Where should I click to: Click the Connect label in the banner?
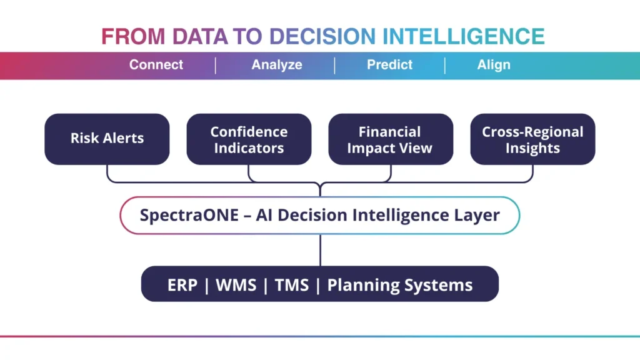tap(156, 65)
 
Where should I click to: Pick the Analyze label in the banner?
tap(277, 65)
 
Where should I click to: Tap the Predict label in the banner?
tap(389, 65)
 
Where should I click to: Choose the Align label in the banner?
tap(494, 65)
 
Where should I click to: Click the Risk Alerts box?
tap(107, 139)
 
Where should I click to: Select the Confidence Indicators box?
tap(249, 139)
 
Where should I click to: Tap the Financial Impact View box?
tap(391, 139)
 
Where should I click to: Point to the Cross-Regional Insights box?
tap(532, 139)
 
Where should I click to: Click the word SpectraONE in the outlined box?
tap(188, 216)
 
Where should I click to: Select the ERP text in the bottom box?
tap(182, 286)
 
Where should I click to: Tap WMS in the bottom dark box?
tap(236, 286)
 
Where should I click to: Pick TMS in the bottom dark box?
tap(291, 286)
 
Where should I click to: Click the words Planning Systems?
tap(400, 286)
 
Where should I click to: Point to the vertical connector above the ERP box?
tap(320, 250)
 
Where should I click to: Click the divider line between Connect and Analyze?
tap(216, 65)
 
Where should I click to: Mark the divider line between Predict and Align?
tap(445, 65)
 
